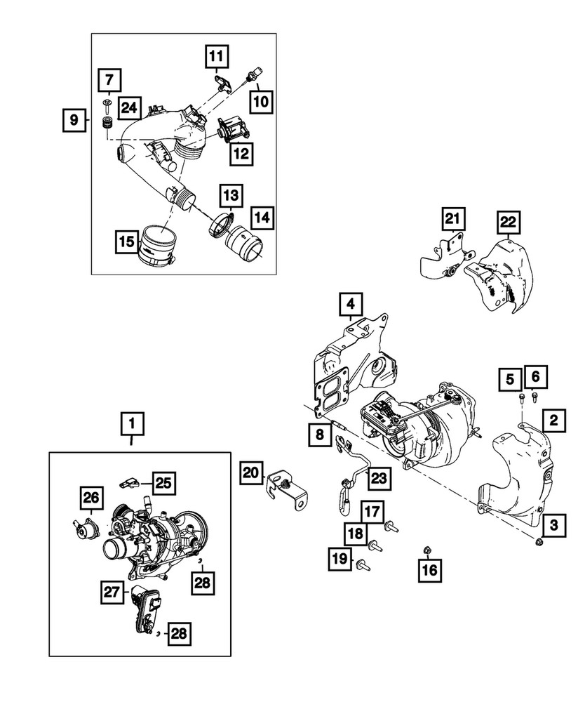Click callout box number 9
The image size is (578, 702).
(74, 120)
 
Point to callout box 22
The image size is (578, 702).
(508, 223)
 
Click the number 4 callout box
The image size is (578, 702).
(349, 305)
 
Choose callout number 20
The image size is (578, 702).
(251, 475)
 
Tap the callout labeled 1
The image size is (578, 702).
(132, 425)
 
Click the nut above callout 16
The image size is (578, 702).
(426, 549)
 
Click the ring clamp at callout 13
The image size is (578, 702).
(221, 225)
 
